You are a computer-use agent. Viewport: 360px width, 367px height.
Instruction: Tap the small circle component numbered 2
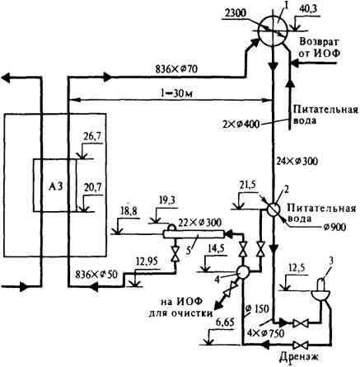(273, 209)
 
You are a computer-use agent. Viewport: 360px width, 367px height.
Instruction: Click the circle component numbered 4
(243, 272)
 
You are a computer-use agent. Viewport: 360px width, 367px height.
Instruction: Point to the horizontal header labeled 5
(194, 234)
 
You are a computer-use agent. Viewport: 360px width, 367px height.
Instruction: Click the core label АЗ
(56, 186)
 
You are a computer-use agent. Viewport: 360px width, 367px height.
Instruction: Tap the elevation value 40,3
(307, 9)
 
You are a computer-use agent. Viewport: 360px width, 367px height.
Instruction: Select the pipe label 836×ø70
(176, 69)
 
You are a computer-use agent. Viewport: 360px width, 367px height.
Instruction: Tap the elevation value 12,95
(147, 262)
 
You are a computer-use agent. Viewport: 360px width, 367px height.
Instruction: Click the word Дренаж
(299, 357)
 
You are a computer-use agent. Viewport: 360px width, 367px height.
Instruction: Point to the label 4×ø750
(265, 333)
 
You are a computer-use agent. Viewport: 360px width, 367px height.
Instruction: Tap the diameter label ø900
(334, 227)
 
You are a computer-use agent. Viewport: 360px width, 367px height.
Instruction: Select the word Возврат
(320, 42)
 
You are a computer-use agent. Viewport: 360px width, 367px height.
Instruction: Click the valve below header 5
(174, 254)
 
